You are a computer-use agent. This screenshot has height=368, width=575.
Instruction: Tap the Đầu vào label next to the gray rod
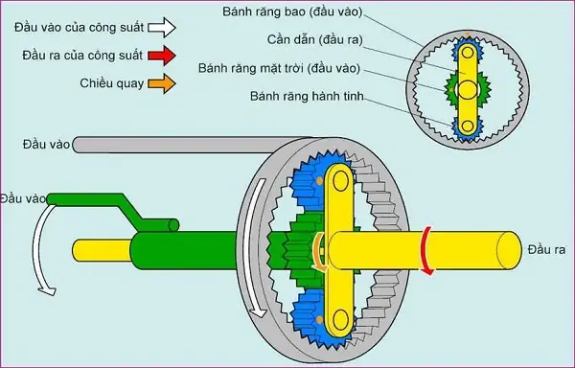pos(45,144)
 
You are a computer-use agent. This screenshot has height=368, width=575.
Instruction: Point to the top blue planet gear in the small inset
pos(467,51)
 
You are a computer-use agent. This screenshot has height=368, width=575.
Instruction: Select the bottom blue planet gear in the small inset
pos(467,127)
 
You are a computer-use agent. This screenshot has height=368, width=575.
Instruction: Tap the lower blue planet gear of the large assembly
pos(316,311)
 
